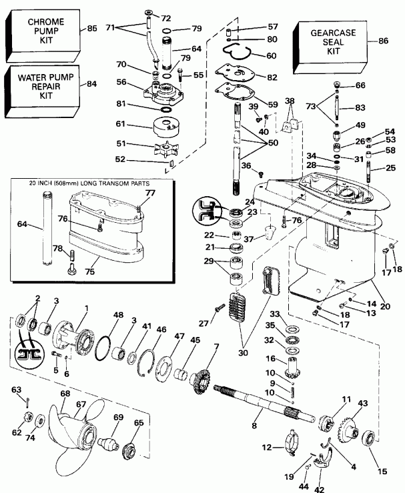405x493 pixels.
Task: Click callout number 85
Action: [91, 29]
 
